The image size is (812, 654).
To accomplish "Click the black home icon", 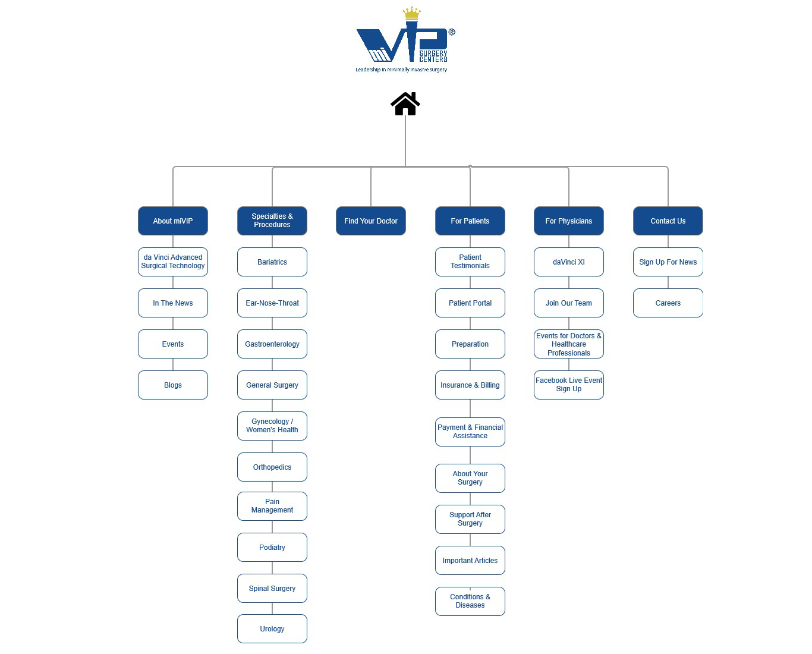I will click(x=405, y=104).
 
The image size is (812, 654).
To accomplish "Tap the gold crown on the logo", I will click(x=411, y=14).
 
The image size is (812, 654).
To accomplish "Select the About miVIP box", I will click(x=173, y=221).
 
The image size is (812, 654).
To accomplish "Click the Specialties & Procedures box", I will click(x=272, y=221).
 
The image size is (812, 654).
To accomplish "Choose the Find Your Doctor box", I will click(x=371, y=221).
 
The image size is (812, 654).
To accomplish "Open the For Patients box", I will click(x=470, y=221).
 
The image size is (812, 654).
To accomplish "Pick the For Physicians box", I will click(x=569, y=221).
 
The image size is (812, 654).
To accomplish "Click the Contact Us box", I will click(x=668, y=221).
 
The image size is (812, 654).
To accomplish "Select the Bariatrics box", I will click(x=272, y=262).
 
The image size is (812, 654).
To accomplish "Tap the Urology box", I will click(x=272, y=629).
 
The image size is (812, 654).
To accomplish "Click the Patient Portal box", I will click(x=470, y=303).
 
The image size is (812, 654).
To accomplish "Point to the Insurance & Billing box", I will click(x=470, y=385).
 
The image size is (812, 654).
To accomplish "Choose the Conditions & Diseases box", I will click(x=470, y=601).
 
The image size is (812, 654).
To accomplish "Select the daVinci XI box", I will click(x=569, y=262).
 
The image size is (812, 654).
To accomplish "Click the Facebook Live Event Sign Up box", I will click(x=569, y=385).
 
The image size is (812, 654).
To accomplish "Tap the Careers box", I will click(x=668, y=303).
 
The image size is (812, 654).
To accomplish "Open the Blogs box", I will click(x=173, y=385).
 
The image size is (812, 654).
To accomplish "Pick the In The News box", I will click(x=173, y=303).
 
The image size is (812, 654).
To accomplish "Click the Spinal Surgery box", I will click(x=272, y=589).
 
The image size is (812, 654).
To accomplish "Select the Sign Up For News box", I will click(x=668, y=262).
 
